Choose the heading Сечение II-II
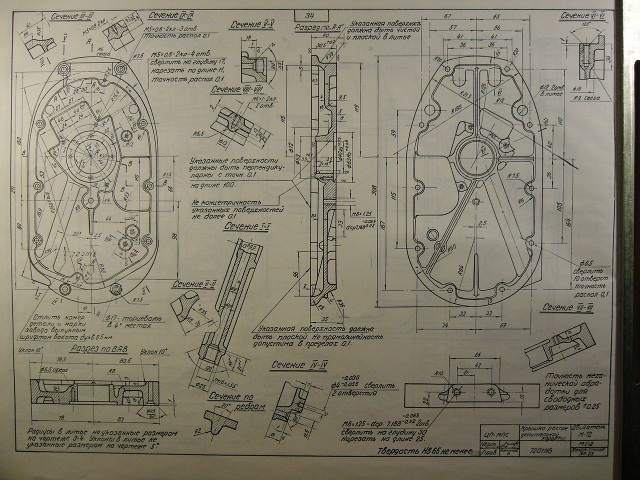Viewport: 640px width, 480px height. pos(193,284)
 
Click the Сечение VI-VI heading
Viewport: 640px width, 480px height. pos(583,16)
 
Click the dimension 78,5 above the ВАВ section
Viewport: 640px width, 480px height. pos(61,359)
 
